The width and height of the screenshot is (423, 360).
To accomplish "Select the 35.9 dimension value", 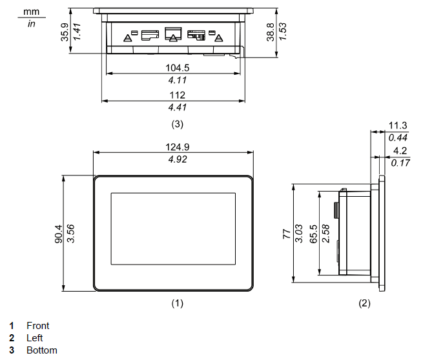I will (65, 31).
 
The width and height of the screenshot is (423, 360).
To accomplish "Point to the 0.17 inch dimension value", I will (400, 163).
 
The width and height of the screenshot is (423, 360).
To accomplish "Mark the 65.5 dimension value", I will (314, 233).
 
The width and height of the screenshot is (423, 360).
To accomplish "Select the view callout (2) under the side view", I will (365, 303).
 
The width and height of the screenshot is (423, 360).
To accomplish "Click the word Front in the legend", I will (37, 326).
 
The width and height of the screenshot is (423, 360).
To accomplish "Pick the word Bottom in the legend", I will (41, 350).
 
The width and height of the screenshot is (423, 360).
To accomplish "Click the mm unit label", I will (31, 12).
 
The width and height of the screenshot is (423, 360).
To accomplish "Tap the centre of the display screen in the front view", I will (172, 229).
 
